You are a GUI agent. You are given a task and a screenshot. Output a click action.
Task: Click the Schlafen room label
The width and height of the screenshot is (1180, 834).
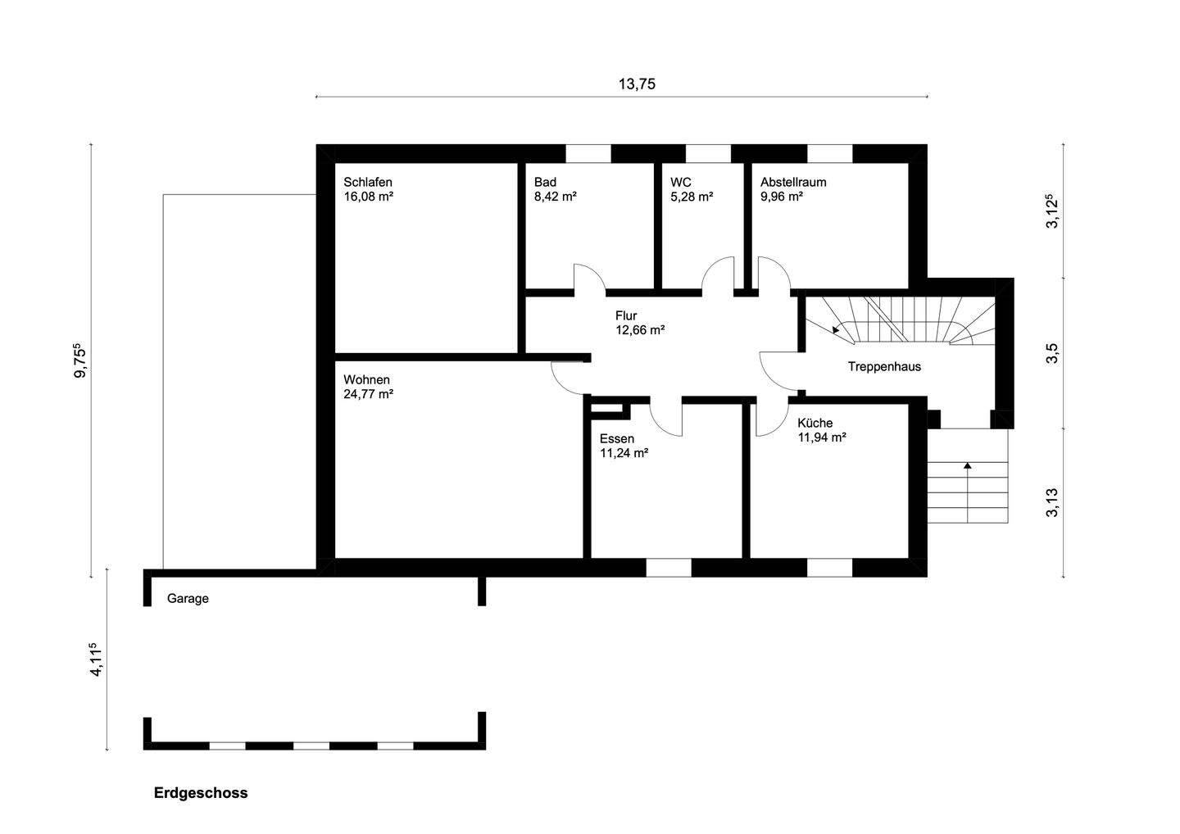click(x=368, y=182)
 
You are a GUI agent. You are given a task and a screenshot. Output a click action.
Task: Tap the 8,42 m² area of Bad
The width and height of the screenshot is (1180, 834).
click(x=556, y=197)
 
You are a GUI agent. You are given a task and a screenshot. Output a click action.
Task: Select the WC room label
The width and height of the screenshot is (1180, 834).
click(x=681, y=182)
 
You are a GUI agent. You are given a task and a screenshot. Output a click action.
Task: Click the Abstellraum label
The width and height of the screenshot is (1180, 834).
click(x=792, y=182)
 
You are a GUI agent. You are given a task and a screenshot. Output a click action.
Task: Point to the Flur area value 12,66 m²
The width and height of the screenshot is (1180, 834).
click(x=639, y=330)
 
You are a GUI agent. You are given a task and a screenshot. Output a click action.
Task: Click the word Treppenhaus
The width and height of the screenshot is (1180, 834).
click(x=884, y=366)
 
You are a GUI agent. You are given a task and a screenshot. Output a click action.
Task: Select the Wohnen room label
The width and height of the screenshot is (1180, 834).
click(x=366, y=379)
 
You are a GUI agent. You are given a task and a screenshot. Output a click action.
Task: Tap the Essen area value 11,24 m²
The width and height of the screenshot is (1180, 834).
click(x=624, y=453)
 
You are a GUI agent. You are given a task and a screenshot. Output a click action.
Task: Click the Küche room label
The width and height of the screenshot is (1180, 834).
click(x=815, y=423)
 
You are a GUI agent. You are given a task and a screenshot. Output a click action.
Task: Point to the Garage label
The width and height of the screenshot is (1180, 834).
click(x=188, y=598)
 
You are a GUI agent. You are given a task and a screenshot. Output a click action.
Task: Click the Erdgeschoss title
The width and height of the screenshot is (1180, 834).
click(x=201, y=793)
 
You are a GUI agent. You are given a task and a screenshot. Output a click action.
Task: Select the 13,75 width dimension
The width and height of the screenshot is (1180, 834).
click(x=636, y=84)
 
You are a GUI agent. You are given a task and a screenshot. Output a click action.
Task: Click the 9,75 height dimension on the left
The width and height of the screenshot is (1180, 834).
click(x=79, y=361)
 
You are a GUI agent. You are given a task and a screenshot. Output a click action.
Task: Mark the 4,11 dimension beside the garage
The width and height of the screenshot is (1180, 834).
click(x=97, y=659)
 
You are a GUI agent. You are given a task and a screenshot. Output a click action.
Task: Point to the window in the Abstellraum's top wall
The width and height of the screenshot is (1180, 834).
click(x=830, y=153)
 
